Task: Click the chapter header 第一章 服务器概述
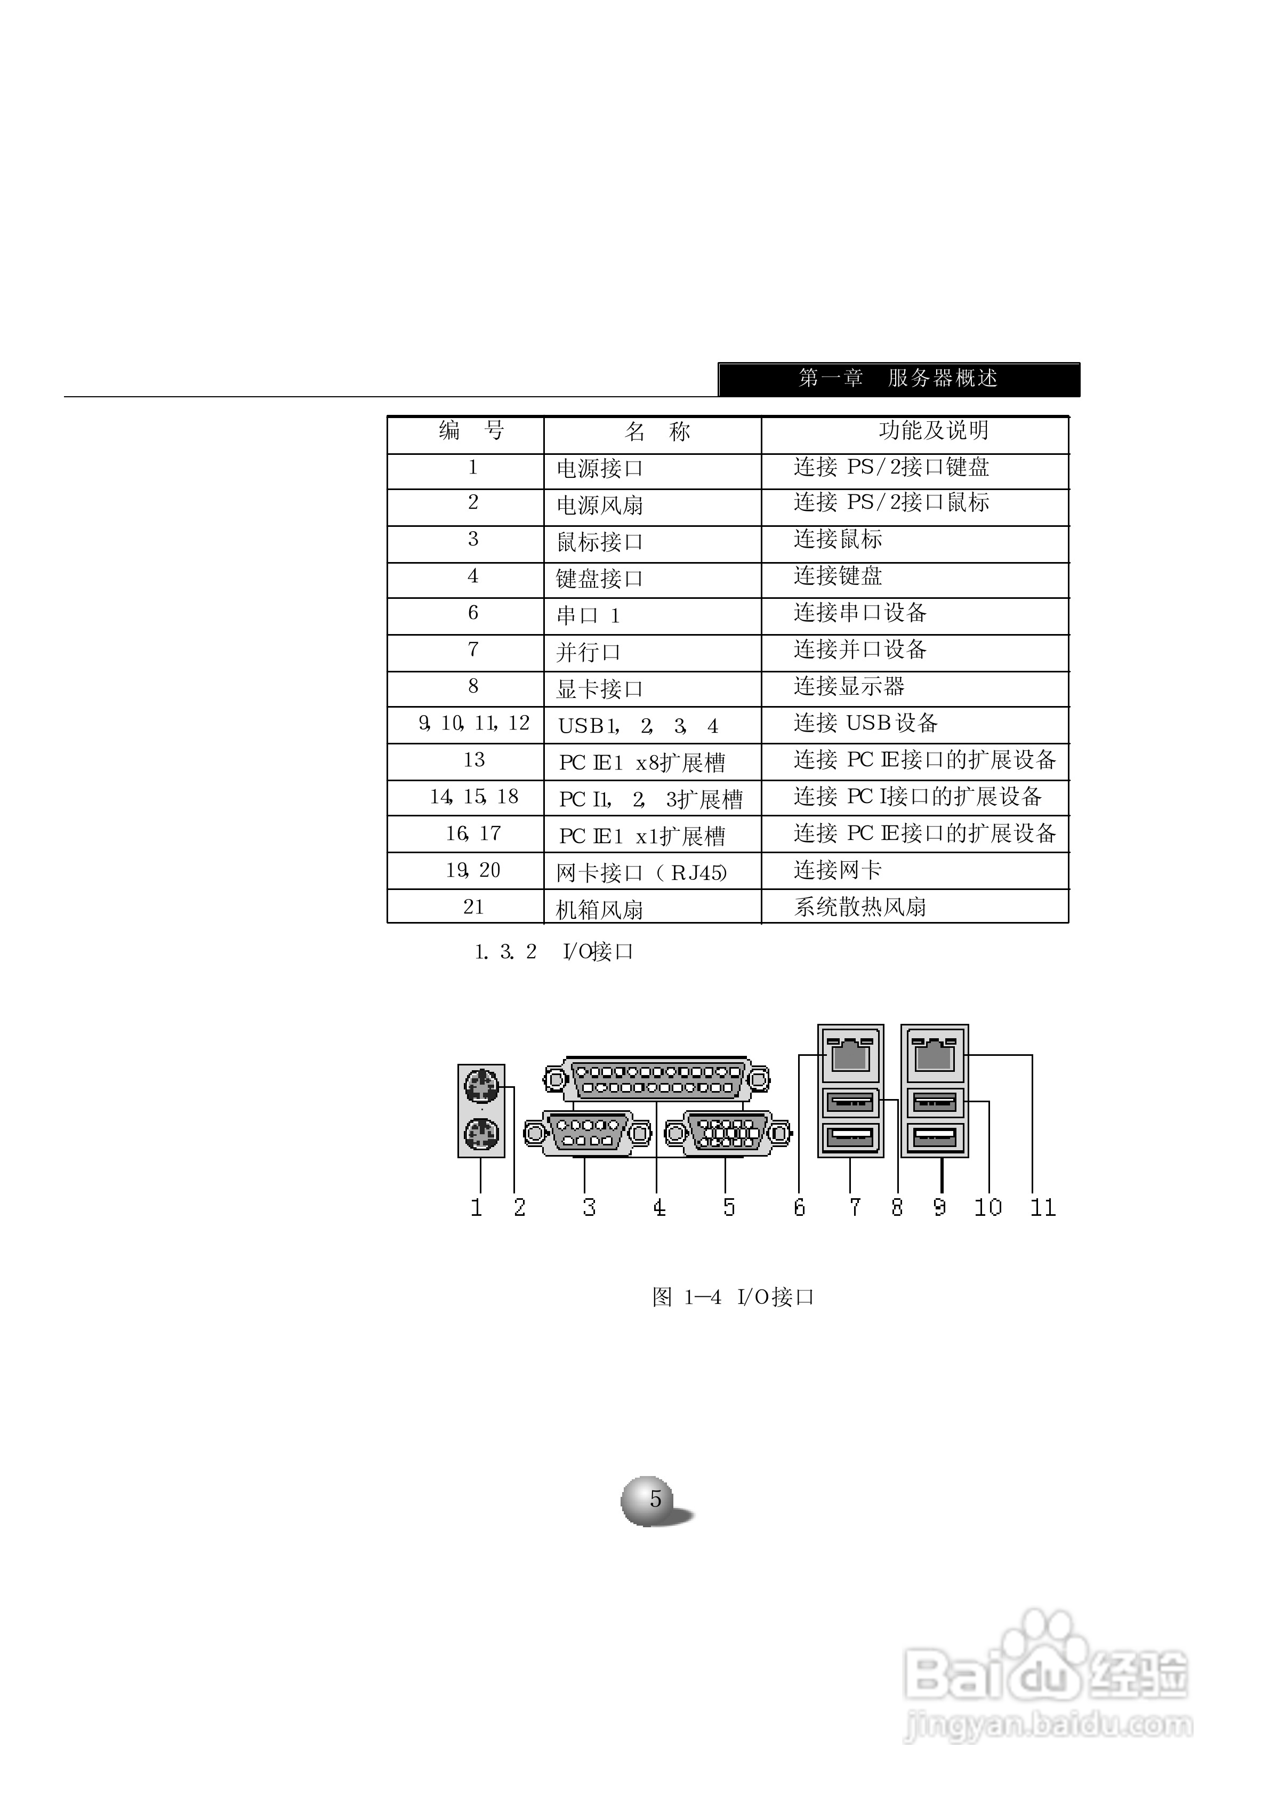click(x=898, y=379)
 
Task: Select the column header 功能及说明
click(x=933, y=430)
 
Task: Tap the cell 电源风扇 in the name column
click(x=599, y=506)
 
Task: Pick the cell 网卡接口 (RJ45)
click(x=642, y=872)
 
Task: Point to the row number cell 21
click(x=473, y=907)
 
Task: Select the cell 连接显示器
click(x=849, y=687)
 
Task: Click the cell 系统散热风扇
click(x=860, y=908)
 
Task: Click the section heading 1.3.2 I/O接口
click(x=554, y=952)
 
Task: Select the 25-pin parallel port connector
click(x=656, y=1080)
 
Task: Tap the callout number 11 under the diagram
click(x=1042, y=1207)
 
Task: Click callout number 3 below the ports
click(x=589, y=1207)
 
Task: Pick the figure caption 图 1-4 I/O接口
click(x=733, y=1297)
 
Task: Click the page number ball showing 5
click(x=654, y=1500)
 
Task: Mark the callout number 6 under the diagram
click(x=799, y=1207)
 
